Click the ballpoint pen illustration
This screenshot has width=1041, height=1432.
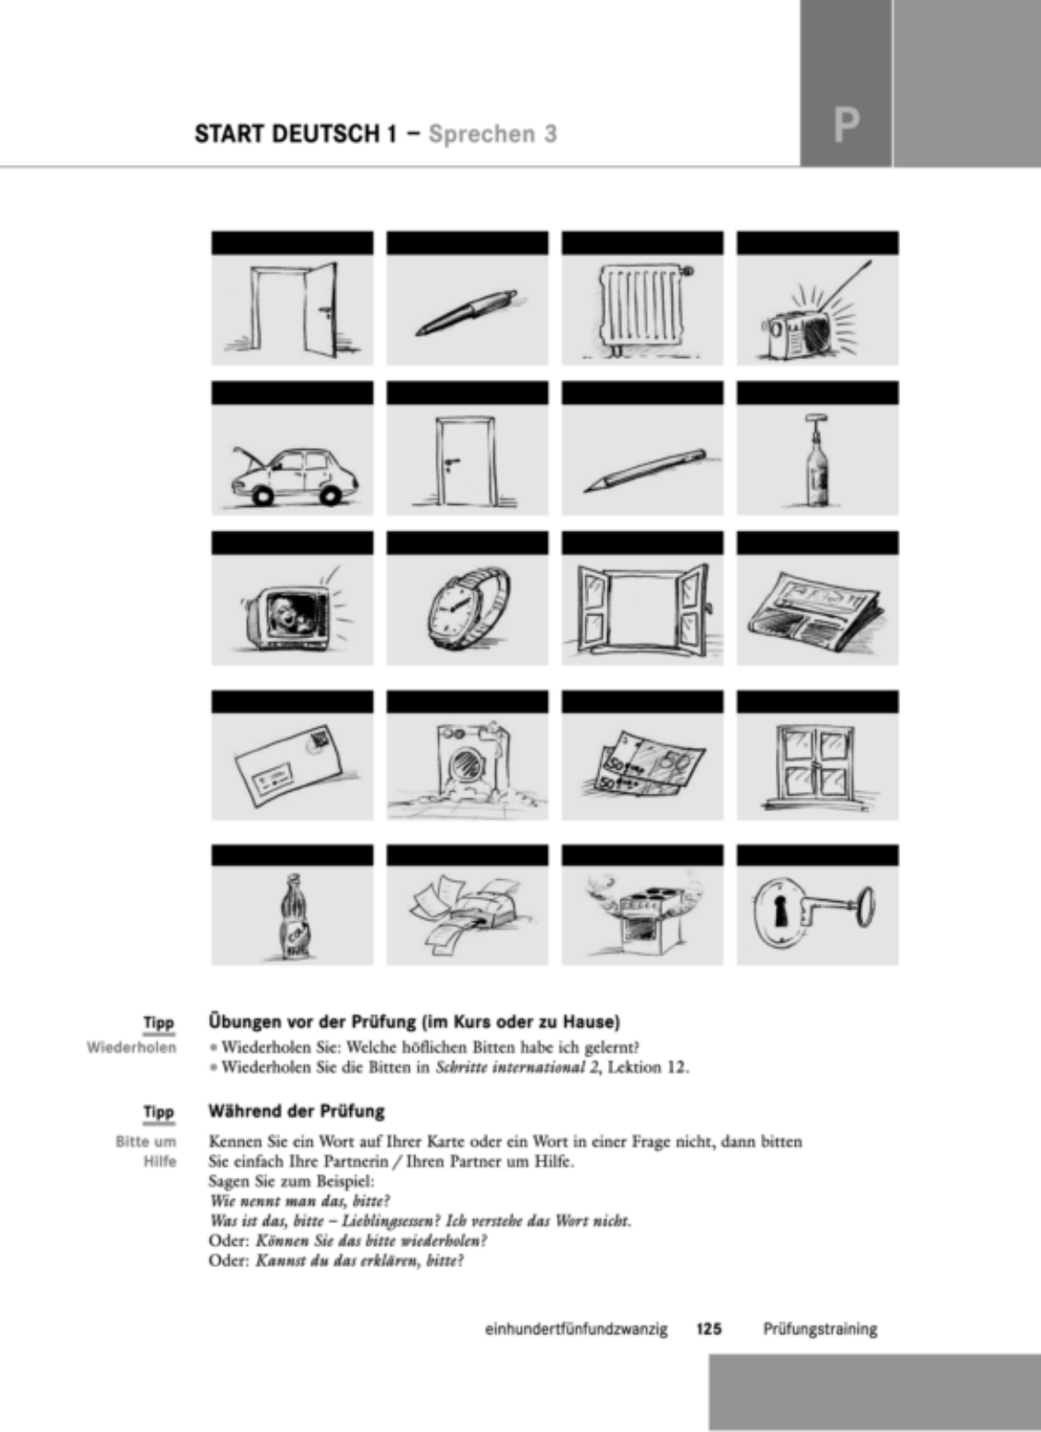coord(466,313)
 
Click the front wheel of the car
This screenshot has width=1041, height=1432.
coord(262,496)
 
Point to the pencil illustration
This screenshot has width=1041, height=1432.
coord(645,470)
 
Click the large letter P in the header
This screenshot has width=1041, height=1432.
coord(846,126)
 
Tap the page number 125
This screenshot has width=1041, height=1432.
coord(710,1329)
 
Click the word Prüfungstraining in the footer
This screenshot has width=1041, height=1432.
coord(820,1330)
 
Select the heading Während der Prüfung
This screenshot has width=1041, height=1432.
coord(296,1111)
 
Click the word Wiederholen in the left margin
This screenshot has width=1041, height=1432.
coord(131,1048)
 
